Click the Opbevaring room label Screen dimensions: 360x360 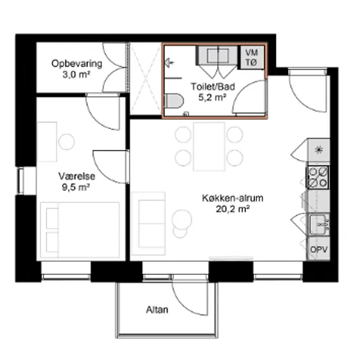(77, 63)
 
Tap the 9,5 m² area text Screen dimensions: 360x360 (76, 187)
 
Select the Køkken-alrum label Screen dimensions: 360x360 (232, 198)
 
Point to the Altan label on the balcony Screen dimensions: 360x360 (157, 310)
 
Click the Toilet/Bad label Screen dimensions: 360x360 (213, 86)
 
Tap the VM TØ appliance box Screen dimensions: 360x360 (252, 58)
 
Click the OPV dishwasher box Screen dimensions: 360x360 (319, 249)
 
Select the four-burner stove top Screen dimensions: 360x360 (318, 177)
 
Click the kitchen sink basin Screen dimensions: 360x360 (319, 225)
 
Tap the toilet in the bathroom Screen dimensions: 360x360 (174, 101)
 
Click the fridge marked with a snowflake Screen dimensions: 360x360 (319, 150)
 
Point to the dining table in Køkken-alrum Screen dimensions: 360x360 (209, 147)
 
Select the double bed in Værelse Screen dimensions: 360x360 (80, 230)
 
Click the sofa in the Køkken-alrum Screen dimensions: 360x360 (149, 223)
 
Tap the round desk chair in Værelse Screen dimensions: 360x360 (66, 141)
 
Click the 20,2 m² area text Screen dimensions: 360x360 (232, 209)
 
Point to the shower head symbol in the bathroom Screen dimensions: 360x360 (169, 62)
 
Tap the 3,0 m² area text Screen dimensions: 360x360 (77, 75)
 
